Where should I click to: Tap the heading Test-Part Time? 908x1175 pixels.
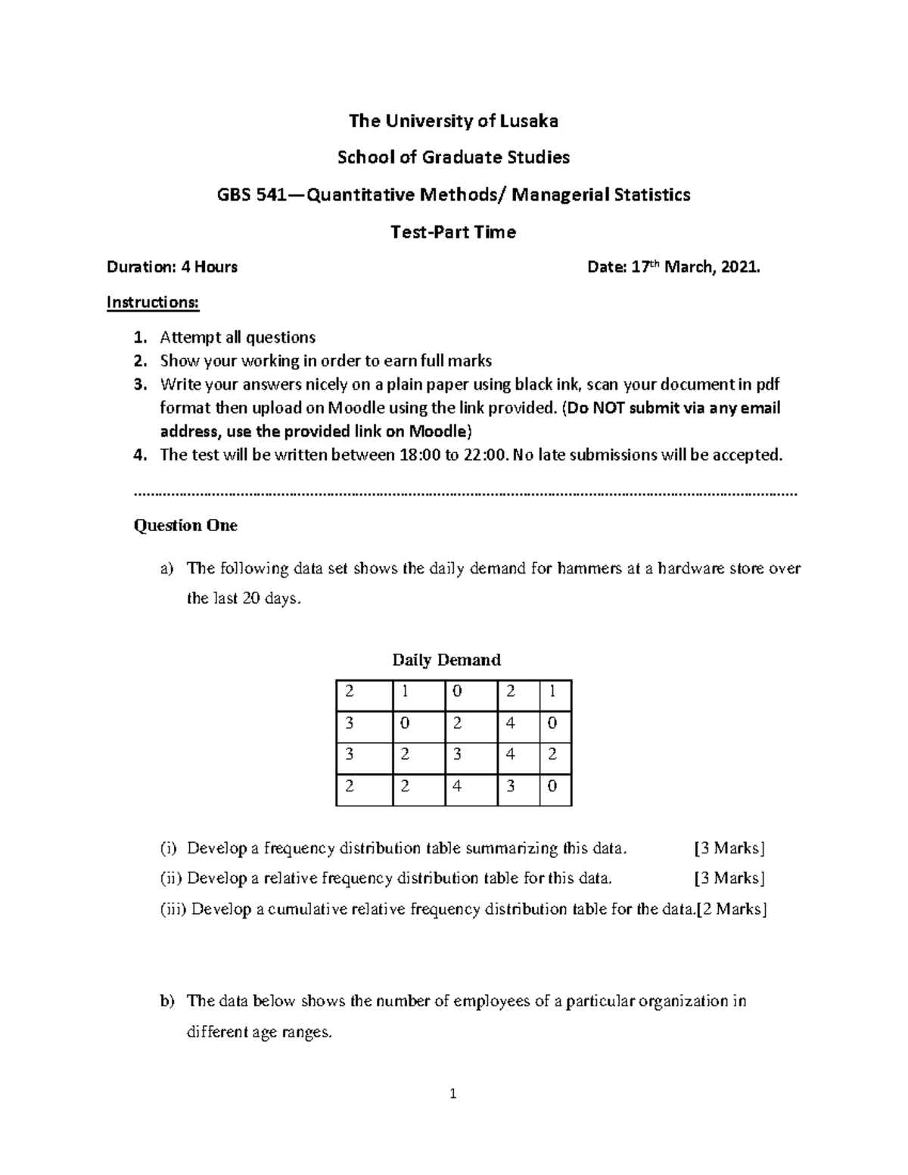pos(452,232)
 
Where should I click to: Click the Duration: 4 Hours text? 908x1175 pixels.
pos(172,266)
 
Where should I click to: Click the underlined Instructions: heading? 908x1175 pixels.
pos(153,303)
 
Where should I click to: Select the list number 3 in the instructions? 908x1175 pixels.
pos(138,384)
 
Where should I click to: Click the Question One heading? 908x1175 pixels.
pos(185,525)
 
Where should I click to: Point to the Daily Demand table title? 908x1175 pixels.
pos(446,660)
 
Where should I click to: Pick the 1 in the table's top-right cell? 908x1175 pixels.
pos(552,691)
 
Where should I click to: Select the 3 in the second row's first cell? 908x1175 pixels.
pos(349,723)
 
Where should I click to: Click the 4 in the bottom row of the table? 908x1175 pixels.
pos(456,785)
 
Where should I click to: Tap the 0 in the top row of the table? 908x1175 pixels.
pos(456,691)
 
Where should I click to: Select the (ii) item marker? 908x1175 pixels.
pos(171,878)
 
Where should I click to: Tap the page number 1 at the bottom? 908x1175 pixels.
pos(453,1093)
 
